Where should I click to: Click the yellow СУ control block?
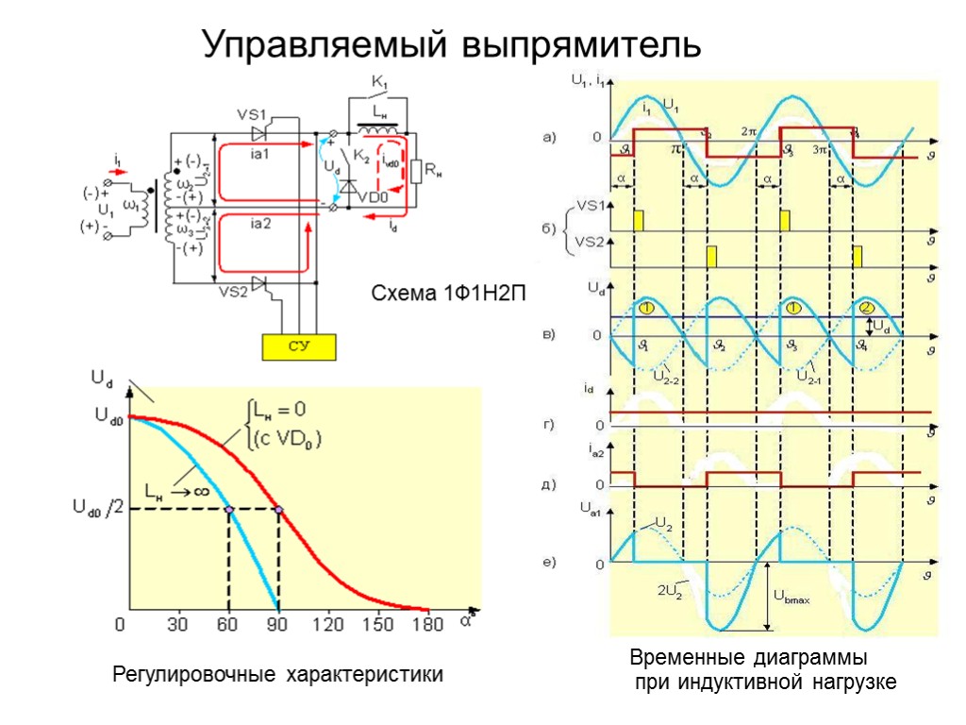299,346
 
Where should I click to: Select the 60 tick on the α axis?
228,624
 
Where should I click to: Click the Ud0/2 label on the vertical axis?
98,509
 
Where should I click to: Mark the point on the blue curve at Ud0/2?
229,510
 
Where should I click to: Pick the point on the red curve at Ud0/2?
278,510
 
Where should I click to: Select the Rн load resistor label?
434,170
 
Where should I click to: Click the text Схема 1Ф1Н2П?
447,294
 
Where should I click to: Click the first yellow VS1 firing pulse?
639,220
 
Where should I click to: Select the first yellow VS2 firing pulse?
711,256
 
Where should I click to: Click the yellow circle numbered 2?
867,307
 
